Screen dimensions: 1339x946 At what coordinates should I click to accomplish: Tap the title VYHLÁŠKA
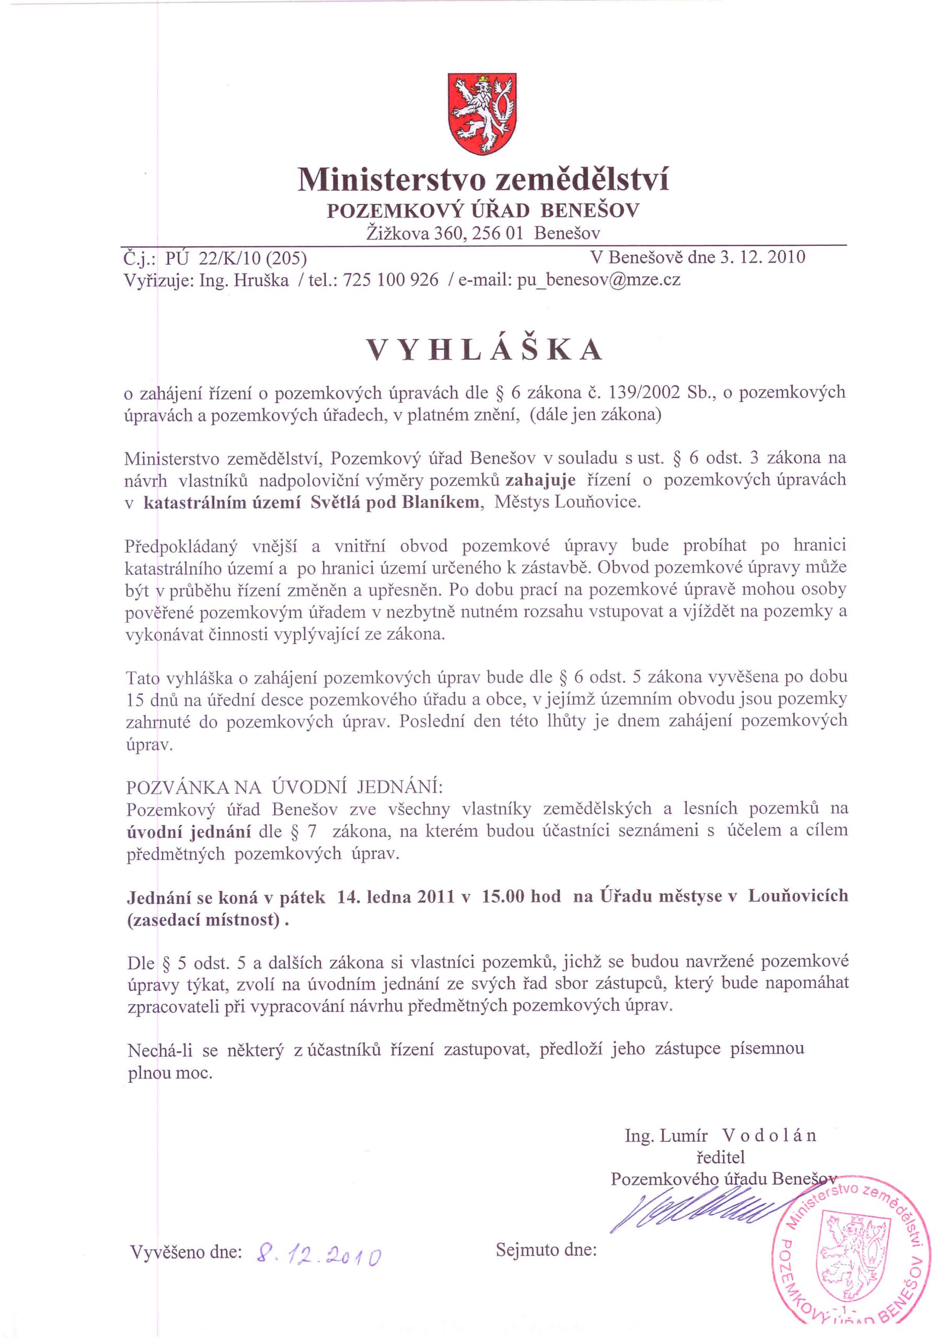click(x=483, y=349)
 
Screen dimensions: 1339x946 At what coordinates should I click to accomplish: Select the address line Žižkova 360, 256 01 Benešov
click(x=482, y=233)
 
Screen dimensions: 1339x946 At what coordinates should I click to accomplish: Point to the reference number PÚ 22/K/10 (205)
click(x=236, y=258)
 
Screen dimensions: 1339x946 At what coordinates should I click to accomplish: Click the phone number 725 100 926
click(x=390, y=280)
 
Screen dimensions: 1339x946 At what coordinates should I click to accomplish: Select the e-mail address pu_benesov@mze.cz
click(x=598, y=280)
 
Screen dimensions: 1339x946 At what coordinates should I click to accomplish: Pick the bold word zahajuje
click(x=540, y=480)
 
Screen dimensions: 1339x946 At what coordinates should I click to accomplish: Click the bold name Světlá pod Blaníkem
click(x=395, y=502)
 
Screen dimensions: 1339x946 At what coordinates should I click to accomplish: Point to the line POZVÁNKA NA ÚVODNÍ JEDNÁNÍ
click(x=284, y=787)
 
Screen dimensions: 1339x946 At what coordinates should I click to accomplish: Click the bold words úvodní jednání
click(x=189, y=831)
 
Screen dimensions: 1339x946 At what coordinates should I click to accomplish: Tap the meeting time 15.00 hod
click(x=521, y=897)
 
